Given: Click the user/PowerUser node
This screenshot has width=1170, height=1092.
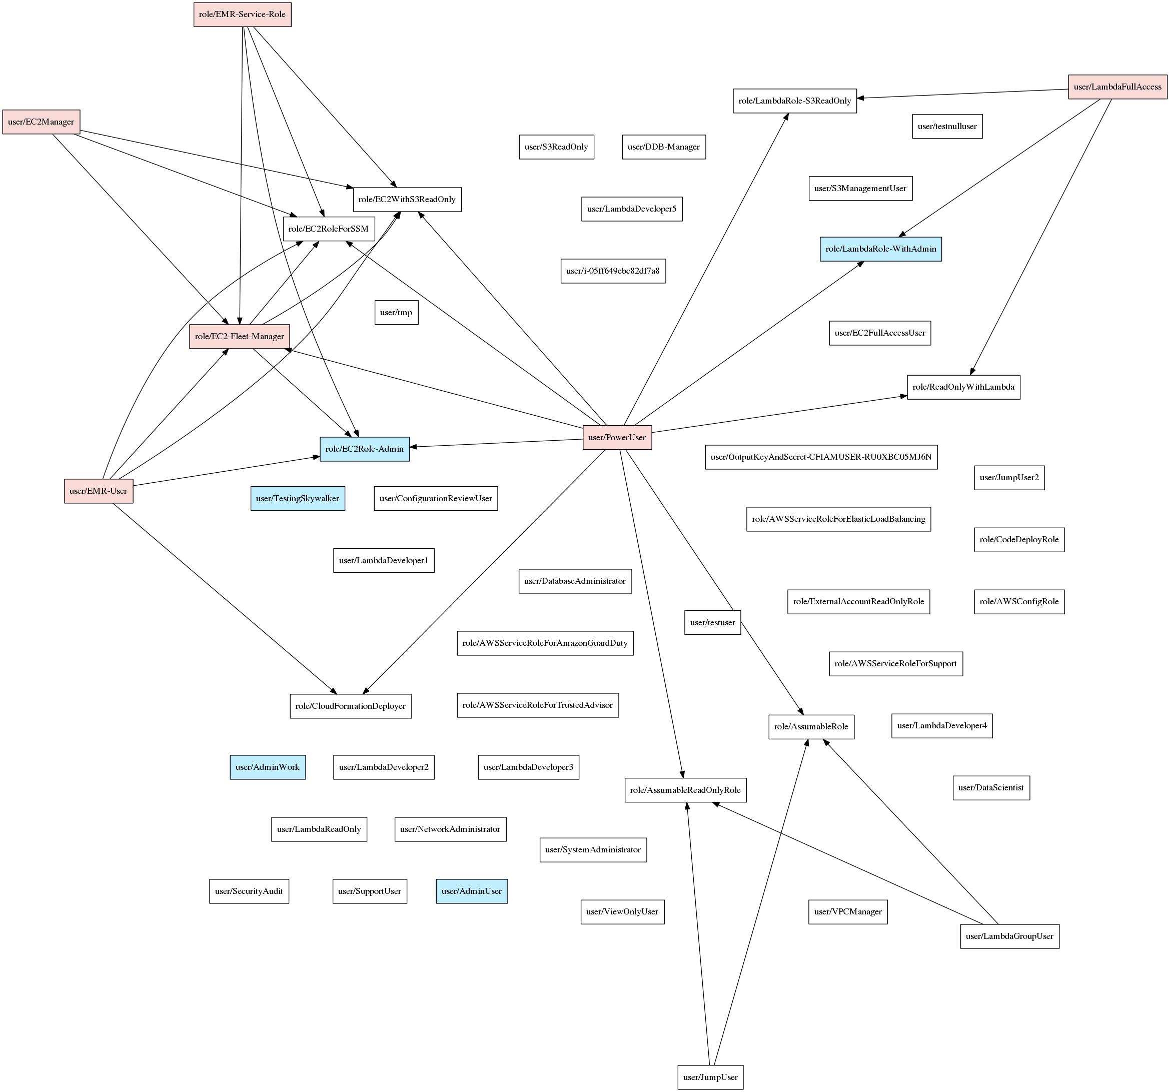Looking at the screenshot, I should point(617,437).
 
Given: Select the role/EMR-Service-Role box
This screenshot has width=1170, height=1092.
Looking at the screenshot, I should point(242,14).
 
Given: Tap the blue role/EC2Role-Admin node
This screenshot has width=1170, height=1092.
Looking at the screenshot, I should point(364,449).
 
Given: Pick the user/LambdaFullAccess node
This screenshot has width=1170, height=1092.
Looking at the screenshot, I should point(1117,87).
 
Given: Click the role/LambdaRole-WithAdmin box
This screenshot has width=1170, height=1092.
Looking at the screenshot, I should point(880,249).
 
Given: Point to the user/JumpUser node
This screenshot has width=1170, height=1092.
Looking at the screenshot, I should point(710,1077).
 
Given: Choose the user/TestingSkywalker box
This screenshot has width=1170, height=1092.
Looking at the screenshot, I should point(297,499).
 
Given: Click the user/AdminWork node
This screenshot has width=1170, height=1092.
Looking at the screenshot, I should point(267,767).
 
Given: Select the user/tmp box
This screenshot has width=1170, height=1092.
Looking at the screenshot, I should point(396,313).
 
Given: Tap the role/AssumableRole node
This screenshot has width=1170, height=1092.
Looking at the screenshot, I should point(811,726).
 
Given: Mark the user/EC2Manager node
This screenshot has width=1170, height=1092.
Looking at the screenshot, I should point(41,122).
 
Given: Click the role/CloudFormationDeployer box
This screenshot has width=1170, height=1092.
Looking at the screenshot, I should point(350,706).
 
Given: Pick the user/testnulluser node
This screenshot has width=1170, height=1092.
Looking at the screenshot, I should point(947,127).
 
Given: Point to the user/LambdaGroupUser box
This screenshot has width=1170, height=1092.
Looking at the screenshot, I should point(1009,936).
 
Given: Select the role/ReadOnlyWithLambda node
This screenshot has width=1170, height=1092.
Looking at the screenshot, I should point(963,387).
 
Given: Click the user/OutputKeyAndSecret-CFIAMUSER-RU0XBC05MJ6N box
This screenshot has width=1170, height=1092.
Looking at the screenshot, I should point(821,457).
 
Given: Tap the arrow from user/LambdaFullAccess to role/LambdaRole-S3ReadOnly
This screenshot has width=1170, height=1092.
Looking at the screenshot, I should point(962,94).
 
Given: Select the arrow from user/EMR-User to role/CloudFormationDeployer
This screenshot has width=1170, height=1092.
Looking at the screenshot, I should point(224,597).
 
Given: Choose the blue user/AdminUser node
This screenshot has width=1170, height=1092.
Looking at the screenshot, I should point(471,891).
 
